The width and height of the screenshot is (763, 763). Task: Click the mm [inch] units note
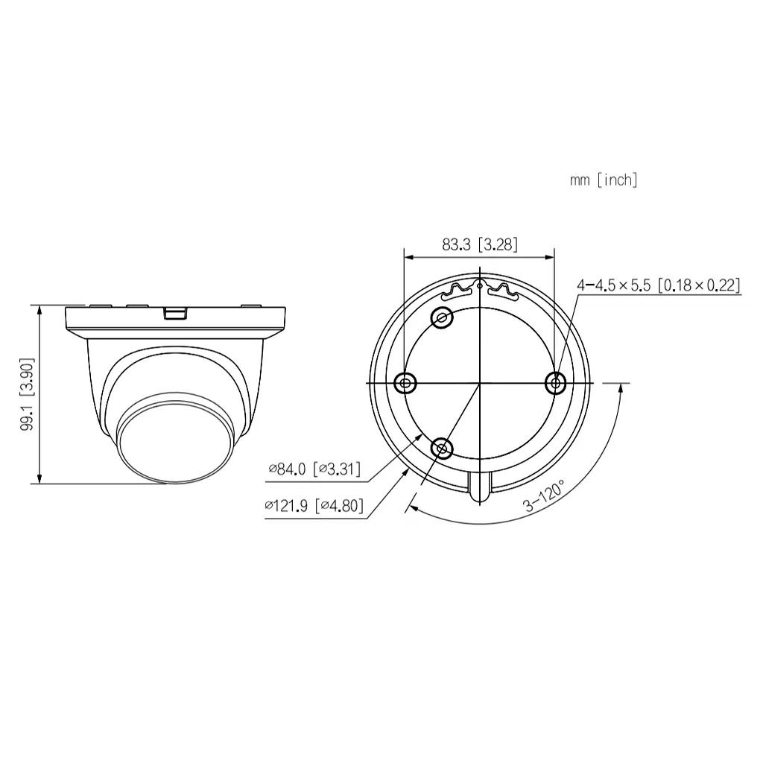604,180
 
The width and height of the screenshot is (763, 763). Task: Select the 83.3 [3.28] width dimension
479,244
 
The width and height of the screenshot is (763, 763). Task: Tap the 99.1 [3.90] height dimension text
28,394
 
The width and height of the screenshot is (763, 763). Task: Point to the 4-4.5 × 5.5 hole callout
658,285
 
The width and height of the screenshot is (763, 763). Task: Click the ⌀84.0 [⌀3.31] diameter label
314,469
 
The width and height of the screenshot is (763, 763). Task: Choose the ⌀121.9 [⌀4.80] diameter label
314,506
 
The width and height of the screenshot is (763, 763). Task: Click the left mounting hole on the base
405,383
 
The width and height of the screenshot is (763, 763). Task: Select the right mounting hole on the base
555,383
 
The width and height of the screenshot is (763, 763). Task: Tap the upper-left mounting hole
443,317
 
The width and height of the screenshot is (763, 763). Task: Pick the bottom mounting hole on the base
443,448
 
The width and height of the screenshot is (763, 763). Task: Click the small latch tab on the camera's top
174,311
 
